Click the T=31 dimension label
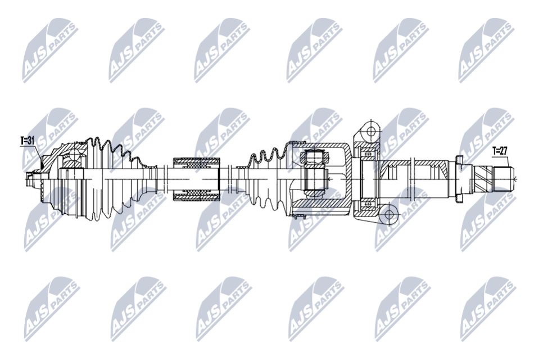click(28, 141)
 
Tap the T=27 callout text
click(500, 151)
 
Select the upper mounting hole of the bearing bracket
click(371, 131)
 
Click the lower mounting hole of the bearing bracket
click(389, 215)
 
